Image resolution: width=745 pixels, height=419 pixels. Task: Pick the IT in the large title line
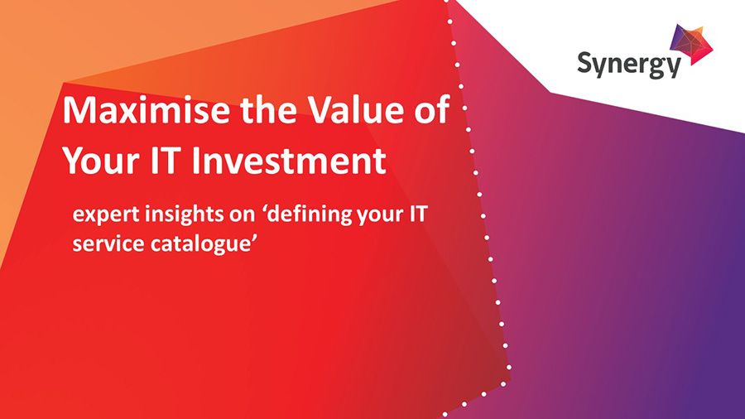point(168,161)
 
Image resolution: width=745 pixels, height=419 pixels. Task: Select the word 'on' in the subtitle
point(236,217)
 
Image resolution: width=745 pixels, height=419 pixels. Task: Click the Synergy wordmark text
point(629,64)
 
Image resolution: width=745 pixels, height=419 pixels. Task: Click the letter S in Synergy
point(586,62)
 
